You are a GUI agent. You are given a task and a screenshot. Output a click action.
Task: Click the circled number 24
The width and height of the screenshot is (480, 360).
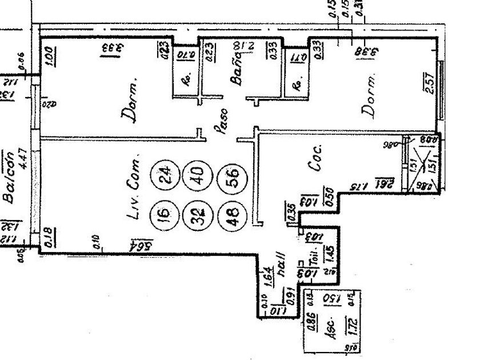tap(165, 173)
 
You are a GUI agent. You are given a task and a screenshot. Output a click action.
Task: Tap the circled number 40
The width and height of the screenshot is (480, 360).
tap(196, 173)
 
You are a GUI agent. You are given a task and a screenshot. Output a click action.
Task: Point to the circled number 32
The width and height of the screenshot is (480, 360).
tap(196, 216)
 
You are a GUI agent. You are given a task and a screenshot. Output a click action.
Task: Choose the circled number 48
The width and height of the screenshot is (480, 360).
tap(231, 216)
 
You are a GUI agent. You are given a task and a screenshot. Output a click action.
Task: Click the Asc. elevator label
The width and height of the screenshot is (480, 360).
tap(330, 334)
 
